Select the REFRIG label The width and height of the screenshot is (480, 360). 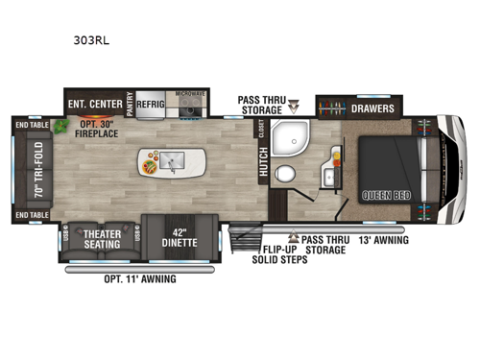[154, 104]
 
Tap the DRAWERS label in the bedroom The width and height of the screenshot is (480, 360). [370, 108]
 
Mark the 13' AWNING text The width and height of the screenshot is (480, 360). [383, 239]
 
